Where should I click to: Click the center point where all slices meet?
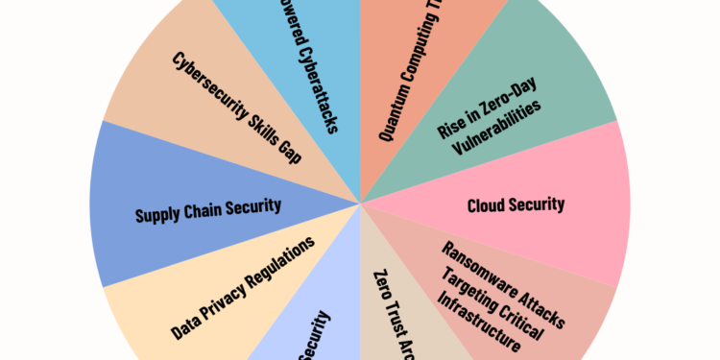(360, 203)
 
